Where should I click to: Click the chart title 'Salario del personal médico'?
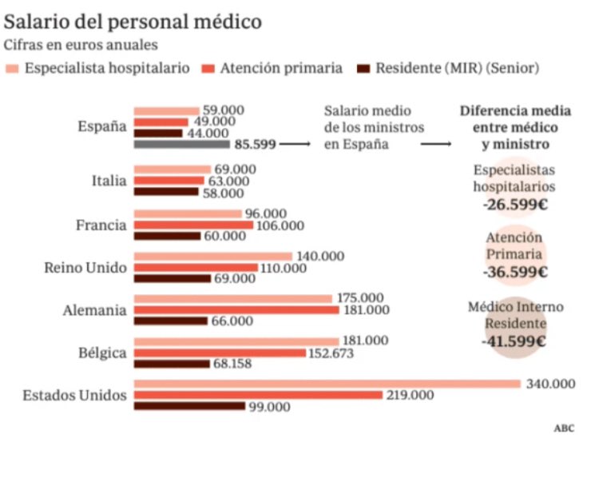coord(133,21)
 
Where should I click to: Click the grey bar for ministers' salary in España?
coord(181,145)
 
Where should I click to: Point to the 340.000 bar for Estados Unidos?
coord(327,384)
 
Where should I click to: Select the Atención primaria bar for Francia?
coord(193,225)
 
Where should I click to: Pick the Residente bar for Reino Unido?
coord(172,279)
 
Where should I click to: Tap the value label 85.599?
coord(255,145)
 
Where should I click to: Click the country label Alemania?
coord(94,310)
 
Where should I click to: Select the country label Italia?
coord(109,181)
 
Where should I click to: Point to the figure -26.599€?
coord(514,204)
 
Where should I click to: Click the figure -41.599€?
coord(514,341)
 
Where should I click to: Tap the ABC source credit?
coord(564,428)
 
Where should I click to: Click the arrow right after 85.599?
coord(295,145)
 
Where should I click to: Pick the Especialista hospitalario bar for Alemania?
coord(232,299)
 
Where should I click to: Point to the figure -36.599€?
coord(514,272)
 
